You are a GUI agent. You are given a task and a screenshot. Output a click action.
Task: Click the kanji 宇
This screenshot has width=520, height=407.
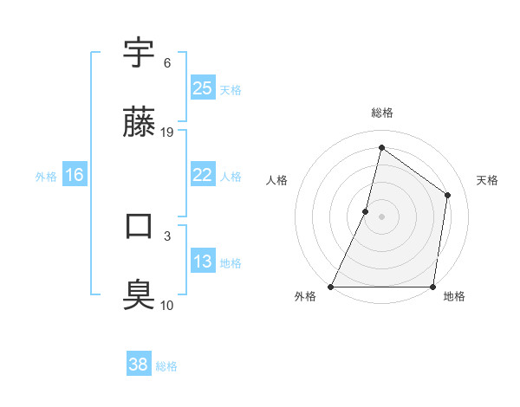tap(140, 54)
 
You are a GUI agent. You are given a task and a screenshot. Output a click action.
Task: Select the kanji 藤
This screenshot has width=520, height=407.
tap(140, 123)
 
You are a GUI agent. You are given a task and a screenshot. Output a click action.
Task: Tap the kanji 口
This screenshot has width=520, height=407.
tap(140, 227)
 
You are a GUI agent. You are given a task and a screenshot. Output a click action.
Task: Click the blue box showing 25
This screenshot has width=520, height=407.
tap(202, 88)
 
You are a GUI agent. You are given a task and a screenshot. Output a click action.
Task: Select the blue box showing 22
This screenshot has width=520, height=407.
tap(202, 175)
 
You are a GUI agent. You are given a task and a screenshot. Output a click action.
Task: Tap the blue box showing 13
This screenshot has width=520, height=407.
tap(202, 262)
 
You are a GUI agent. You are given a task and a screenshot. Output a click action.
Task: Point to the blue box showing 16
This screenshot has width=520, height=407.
tap(74, 175)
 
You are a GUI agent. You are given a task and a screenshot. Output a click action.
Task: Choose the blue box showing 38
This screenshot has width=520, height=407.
tap(139, 365)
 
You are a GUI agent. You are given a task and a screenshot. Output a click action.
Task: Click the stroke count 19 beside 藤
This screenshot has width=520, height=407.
tap(167, 132)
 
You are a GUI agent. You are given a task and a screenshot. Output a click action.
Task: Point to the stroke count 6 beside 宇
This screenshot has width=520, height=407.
tap(166, 63)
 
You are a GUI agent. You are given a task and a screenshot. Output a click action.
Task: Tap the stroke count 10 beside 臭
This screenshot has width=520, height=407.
tap(167, 306)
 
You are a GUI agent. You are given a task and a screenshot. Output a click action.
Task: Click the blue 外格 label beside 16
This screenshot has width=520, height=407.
tap(46, 176)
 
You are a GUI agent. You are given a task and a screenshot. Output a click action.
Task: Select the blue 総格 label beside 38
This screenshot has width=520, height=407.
tap(166, 366)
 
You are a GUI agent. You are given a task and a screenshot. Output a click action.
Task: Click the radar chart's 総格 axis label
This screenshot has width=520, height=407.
tap(381, 113)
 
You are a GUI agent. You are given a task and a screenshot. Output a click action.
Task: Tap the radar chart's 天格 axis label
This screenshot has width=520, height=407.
tap(487, 180)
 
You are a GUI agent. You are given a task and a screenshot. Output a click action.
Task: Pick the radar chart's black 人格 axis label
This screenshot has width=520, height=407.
tap(276, 180)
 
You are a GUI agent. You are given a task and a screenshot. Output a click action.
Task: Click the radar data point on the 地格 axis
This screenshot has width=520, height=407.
tap(432, 286)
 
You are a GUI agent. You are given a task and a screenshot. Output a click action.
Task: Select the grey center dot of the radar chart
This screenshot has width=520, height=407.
tap(381, 216)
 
